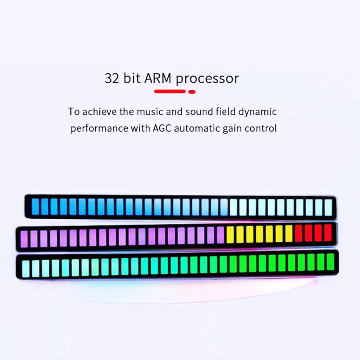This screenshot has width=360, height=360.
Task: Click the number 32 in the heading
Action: (x=112, y=78)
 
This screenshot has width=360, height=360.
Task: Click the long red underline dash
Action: (x=170, y=92)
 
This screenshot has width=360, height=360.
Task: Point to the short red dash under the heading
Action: (x=192, y=92)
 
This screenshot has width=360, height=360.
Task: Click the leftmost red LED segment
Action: (x=299, y=233)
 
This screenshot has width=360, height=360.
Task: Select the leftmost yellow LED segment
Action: (x=230, y=234)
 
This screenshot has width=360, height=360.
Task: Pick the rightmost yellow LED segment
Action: (x=289, y=233)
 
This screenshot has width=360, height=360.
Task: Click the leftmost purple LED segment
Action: (x=24, y=239)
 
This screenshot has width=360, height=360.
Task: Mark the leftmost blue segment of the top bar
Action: (x=35, y=207)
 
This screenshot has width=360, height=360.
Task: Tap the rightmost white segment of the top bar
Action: (x=328, y=207)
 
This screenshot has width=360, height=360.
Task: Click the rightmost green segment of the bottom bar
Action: (x=330, y=261)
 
